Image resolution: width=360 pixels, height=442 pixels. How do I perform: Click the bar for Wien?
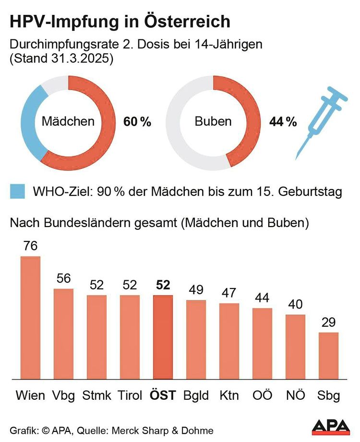30,317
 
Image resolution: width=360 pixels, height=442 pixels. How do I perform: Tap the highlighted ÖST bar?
163,336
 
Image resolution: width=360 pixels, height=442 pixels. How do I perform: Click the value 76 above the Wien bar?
30,246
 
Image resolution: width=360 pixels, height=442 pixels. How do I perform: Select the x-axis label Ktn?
229,395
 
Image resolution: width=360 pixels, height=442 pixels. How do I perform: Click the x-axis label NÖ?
295,395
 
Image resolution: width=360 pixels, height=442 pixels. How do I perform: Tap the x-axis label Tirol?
130,395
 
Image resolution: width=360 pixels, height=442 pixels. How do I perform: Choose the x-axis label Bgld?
196,395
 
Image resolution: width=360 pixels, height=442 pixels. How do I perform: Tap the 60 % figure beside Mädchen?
137,122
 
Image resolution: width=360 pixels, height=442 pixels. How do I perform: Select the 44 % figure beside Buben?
283,122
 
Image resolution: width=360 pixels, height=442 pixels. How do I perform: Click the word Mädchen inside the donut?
68,121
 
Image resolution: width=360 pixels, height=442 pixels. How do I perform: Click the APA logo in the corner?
331,426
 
